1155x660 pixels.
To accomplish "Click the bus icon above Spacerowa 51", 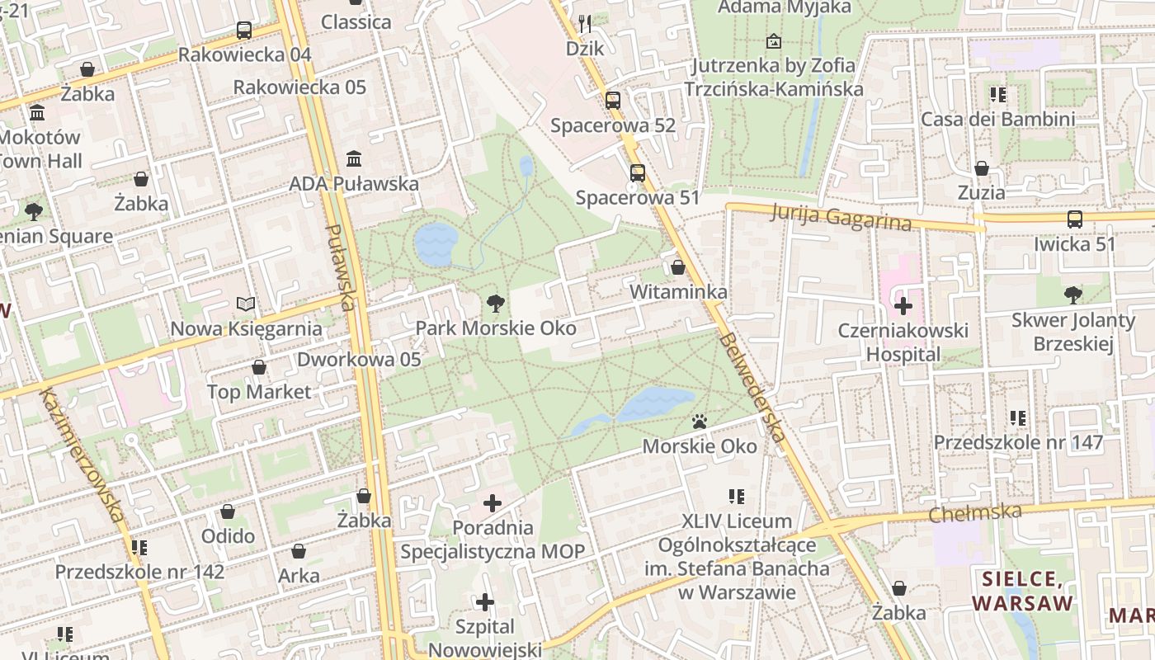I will tap(637, 173).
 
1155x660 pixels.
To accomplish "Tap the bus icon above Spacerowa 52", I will tap(612, 101).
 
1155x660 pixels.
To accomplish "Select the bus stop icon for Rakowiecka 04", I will tap(244, 31).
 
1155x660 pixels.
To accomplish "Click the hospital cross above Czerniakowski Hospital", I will tap(903, 306).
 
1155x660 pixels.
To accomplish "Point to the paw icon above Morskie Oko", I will tap(700, 422).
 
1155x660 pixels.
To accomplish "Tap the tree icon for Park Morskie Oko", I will tap(495, 304).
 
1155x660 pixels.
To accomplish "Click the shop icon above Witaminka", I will tap(677, 268).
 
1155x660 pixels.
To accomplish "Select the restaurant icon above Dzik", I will tap(585, 23).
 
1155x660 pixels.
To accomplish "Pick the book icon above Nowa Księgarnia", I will tap(246, 304).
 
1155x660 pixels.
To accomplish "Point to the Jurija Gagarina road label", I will tap(841, 218).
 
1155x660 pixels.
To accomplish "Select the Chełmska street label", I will tap(974, 512).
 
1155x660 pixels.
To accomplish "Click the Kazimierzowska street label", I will tap(81, 455).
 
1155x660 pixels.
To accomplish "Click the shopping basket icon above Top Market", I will tap(259, 367).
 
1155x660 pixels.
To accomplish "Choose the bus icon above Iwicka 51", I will tap(1074, 219).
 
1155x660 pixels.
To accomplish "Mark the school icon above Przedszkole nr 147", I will tap(1018, 418).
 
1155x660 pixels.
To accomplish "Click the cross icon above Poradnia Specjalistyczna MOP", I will tap(493, 502).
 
